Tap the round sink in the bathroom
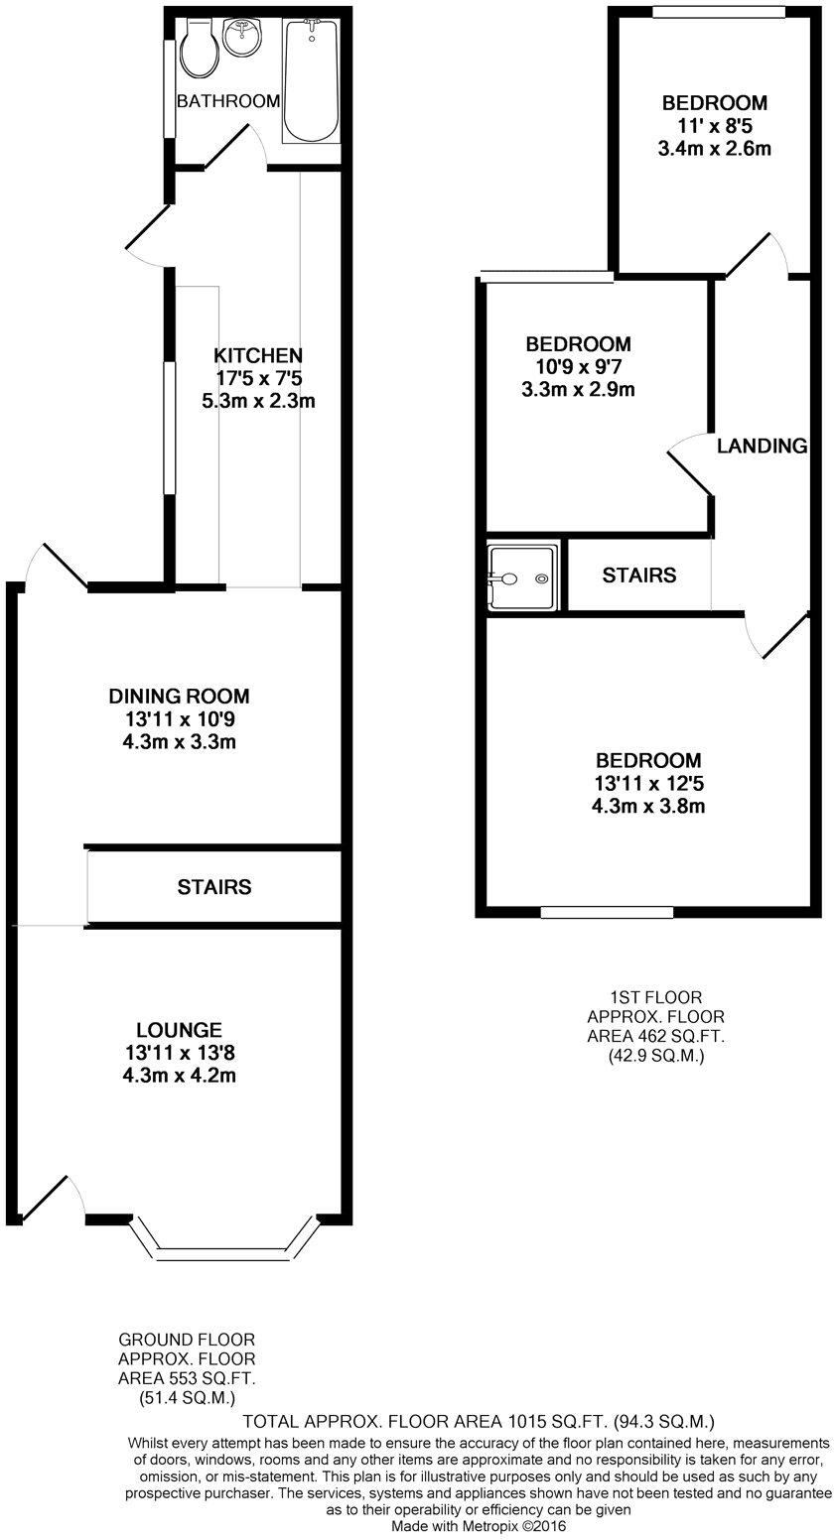[x=241, y=39]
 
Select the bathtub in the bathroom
[x=311, y=81]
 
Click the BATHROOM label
[x=228, y=101]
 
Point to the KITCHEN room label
[x=258, y=355]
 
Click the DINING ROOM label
[x=180, y=697]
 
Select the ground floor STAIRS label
[x=213, y=887]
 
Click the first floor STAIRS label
[x=639, y=576]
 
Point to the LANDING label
[x=762, y=447]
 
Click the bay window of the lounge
[x=224, y=1252]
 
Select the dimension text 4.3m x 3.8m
[x=649, y=807]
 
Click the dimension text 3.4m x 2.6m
[x=714, y=149]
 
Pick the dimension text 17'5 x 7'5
[x=258, y=378]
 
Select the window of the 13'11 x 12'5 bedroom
[x=607, y=912]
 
